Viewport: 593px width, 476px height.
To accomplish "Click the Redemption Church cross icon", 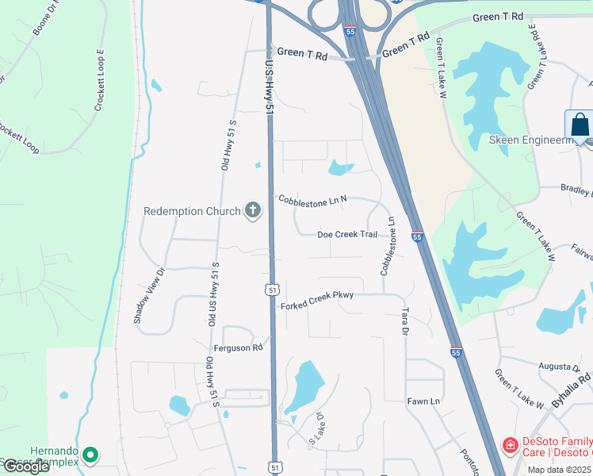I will (x=253, y=211).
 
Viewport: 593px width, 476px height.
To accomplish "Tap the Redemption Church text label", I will (x=192, y=212).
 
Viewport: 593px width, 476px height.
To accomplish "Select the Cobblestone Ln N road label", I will (x=312, y=200).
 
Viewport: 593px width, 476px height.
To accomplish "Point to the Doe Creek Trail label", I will (x=346, y=235).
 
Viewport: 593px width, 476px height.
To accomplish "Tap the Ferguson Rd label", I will (x=238, y=347).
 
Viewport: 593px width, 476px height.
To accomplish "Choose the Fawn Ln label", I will (x=423, y=401).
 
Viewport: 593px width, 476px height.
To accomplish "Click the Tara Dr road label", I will (x=404, y=321).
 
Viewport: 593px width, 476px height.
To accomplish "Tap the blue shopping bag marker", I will (x=579, y=126).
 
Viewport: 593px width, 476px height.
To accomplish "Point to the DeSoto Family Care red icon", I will (x=510, y=447).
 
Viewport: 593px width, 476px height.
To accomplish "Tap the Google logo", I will (x=26, y=466).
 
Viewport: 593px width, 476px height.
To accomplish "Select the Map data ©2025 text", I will (x=558, y=470).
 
